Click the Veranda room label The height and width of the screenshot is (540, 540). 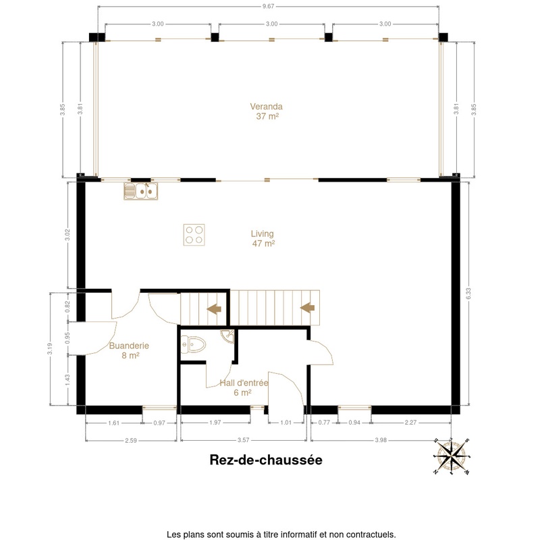266,111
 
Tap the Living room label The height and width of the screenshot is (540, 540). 263,238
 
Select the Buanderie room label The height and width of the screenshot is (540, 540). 129,350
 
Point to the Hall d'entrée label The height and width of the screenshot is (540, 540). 244,387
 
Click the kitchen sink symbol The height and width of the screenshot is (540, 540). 141,191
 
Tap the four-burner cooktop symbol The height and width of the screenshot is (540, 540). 194,235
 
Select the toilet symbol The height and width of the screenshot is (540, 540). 193,345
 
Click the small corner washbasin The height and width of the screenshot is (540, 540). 228,335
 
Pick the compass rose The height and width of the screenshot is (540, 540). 452,456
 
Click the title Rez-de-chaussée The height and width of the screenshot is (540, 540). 266,460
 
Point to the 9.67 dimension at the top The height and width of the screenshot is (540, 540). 268,6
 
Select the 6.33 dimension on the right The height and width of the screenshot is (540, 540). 468,294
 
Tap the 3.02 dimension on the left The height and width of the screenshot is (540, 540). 67,235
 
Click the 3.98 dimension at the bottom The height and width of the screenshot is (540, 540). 381,440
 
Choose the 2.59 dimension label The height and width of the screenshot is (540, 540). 131,440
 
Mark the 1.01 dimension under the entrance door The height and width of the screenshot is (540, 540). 286,423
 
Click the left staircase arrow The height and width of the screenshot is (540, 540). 214,309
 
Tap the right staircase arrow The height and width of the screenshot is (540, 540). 308,308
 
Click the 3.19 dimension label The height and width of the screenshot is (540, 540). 50,348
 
